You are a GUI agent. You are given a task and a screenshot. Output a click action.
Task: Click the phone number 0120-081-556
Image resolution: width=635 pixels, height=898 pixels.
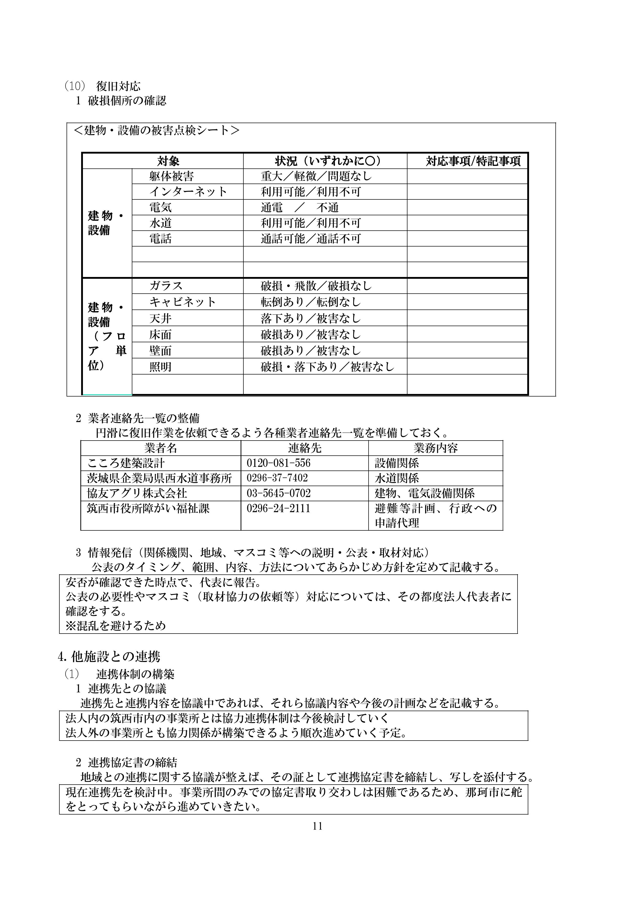click(278, 463)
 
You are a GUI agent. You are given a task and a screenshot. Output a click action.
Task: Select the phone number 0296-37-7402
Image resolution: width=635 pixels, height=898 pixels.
click(277, 478)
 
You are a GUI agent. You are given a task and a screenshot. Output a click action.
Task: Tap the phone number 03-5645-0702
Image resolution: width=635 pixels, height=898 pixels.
click(278, 493)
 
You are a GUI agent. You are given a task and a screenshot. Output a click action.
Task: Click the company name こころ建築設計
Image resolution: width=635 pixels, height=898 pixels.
click(126, 463)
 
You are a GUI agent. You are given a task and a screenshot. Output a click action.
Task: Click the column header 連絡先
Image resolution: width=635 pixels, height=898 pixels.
click(305, 448)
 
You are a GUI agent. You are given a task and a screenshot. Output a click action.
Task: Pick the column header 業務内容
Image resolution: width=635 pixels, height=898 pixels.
click(435, 448)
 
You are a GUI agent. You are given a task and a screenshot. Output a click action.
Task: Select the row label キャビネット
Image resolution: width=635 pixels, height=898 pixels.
click(182, 302)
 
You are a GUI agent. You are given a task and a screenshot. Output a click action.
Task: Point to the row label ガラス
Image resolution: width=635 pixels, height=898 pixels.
click(166, 286)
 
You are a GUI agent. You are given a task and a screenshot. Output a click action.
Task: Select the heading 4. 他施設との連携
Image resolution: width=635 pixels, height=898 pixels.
click(109, 657)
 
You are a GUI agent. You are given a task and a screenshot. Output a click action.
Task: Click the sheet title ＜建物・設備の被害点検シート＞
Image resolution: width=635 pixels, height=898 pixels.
click(157, 130)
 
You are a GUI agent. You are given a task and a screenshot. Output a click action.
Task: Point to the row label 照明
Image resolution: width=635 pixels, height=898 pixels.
click(160, 367)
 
